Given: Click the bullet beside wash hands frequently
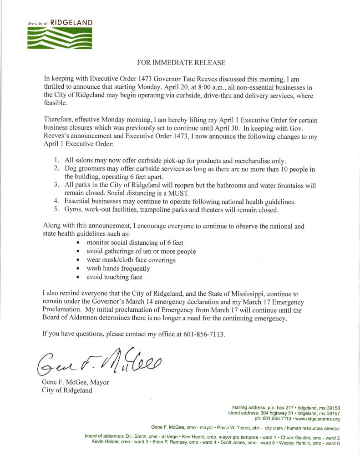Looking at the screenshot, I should click(x=79, y=268).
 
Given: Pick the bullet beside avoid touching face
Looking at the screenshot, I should click(x=79, y=277).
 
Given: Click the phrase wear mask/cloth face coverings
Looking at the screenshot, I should click(x=131, y=260).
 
